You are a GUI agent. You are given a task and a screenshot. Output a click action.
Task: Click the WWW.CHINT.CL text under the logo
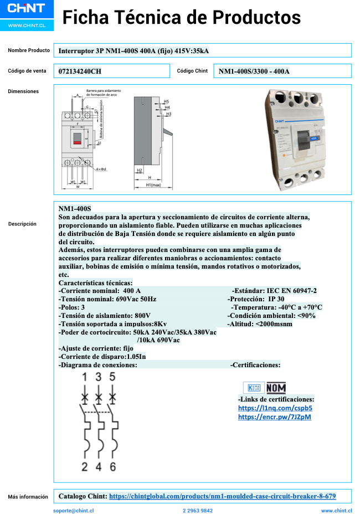(27, 26)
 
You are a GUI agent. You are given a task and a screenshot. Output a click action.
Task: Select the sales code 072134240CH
(80, 71)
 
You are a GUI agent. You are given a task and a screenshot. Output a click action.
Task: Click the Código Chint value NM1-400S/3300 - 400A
(254, 71)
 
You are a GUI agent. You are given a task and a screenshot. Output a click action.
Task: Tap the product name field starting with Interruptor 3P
(133, 51)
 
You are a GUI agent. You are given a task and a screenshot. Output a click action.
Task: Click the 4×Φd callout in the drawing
(101, 168)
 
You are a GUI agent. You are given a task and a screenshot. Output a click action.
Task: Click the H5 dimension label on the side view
(166, 102)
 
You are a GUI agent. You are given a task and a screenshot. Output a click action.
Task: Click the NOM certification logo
(276, 388)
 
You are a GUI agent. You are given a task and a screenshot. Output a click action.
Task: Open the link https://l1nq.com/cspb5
(271, 408)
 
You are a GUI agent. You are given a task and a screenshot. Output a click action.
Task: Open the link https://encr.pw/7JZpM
(274, 417)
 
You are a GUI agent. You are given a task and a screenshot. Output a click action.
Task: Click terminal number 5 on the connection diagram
(112, 377)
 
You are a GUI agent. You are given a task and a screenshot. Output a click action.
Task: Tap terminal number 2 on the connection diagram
(84, 466)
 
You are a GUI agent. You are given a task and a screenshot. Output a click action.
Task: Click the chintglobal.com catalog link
(222, 496)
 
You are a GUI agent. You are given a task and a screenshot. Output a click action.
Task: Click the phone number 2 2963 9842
(198, 511)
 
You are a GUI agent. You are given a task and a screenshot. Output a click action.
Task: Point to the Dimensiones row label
(23, 91)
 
